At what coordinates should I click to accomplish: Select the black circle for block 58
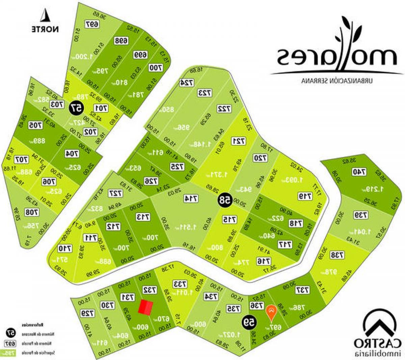click(224, 200)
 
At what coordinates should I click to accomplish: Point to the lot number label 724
click(186, 83)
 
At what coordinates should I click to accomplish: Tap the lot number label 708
click(32, 212)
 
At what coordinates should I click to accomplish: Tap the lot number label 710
click(64, 249)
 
